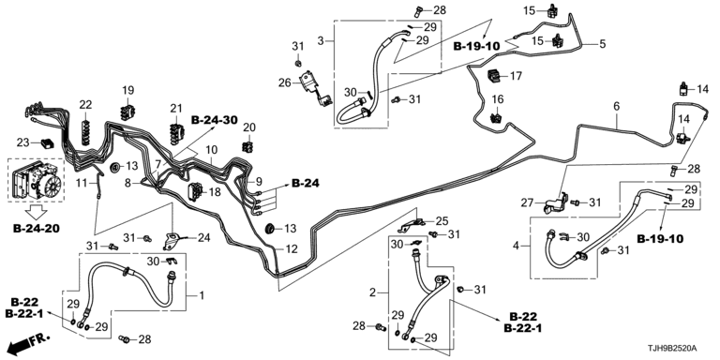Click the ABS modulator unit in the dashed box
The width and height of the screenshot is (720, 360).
36,181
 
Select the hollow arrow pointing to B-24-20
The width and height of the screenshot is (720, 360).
36,211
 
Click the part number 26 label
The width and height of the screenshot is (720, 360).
285,83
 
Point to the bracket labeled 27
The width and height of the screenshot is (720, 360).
556,202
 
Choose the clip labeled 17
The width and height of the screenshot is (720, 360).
495,75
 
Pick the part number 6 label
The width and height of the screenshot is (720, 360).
616,107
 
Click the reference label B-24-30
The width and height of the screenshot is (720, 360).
215,120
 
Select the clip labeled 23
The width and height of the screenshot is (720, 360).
47,143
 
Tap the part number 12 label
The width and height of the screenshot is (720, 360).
292,249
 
